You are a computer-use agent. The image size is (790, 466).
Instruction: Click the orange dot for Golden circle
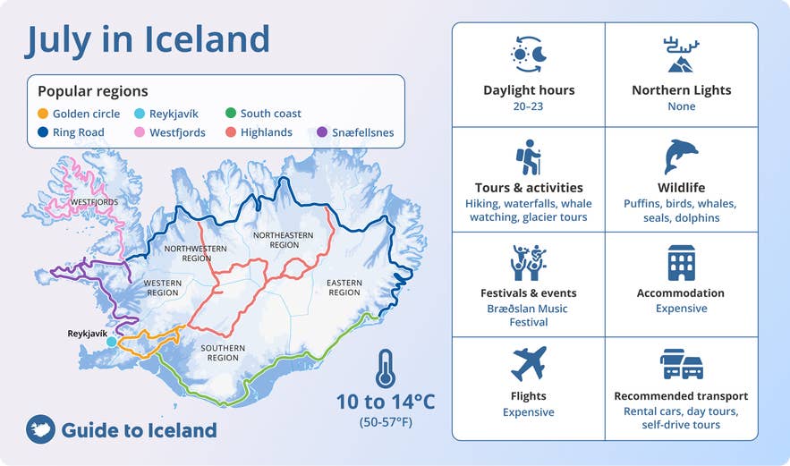click(x=43, y=114)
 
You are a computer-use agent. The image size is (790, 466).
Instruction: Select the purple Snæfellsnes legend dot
click(x=323, y=132)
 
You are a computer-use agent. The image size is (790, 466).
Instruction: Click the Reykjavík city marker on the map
click(x=111, y=342)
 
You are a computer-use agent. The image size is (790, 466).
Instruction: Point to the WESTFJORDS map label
click(x=93, y=202)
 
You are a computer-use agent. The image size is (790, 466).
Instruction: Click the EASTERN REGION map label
click(x=344, y=287)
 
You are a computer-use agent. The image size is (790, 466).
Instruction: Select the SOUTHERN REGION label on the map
click(x=223, y=352)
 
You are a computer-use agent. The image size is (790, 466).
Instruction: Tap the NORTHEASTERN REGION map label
click(x=276, y=240)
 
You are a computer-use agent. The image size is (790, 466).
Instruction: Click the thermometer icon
click(x=385, y=368)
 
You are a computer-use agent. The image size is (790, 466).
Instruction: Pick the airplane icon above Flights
click(x=528, y=363)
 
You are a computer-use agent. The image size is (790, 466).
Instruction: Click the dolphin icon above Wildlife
click(x=681, y=157)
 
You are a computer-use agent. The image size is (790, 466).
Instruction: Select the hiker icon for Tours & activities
click(x=528, y=157)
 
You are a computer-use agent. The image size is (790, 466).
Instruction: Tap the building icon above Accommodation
click(x=681, y=262)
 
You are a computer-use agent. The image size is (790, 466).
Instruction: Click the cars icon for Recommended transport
click(x=681, y=364)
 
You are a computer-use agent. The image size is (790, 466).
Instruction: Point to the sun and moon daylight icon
click(x=528, y=55)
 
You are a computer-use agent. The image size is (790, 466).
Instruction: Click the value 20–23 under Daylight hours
click(x=529, y=106)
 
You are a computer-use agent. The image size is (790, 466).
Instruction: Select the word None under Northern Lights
click(x=681, y=106)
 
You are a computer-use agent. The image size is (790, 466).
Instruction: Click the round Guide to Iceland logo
click(x=40, y=430)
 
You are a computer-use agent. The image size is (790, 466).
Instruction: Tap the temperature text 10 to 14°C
click(x=386, y=402)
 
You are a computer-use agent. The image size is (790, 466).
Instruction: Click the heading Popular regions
click(x=93, y=91)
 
